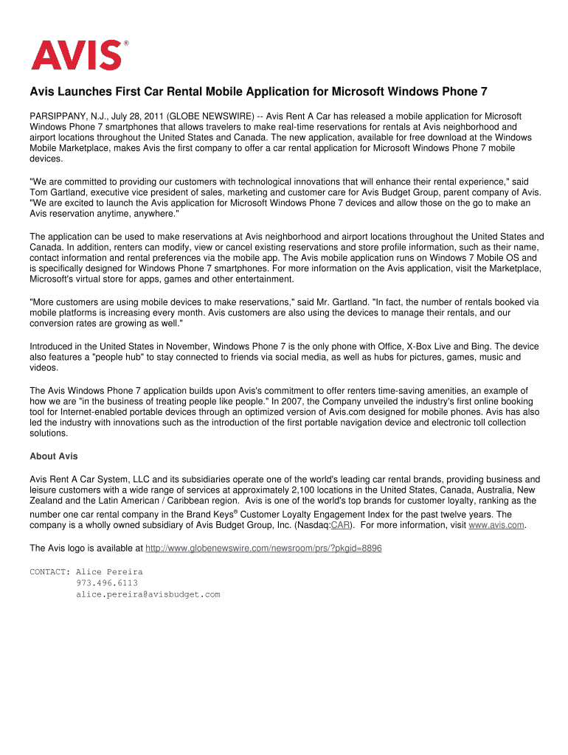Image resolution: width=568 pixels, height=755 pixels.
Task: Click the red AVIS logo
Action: [75, 55]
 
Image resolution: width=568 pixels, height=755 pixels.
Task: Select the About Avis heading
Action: [53, 456]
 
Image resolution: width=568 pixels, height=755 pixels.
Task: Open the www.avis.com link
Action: [496, 525]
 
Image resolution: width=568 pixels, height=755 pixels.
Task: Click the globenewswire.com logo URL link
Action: [263, 549]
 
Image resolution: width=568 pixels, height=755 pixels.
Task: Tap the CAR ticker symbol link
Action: [340, 525]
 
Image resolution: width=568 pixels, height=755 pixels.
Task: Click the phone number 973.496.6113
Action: [106, 583]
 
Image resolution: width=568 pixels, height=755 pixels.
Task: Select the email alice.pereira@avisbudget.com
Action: [148, 594]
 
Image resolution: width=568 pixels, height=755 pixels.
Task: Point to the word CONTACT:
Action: [49, 572]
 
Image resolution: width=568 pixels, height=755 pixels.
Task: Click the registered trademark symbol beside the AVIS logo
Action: [125, 44]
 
